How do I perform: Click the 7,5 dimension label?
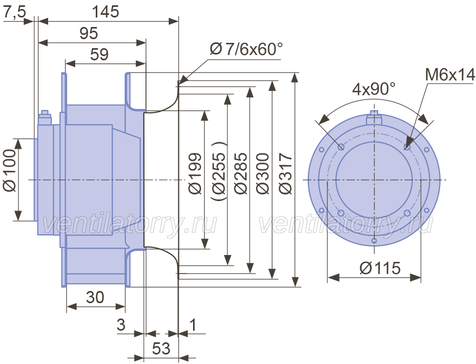point(15,13)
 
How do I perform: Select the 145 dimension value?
point(105,12)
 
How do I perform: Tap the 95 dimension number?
point(89,33)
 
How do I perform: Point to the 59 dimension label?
point(99,54)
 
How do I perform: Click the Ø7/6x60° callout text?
point(246,49)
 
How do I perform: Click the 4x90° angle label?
point(374,89)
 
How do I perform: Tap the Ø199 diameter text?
point(195,174)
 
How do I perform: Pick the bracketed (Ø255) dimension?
point(218,171)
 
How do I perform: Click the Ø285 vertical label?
point(241,174)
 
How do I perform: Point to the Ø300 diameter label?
point(263,174)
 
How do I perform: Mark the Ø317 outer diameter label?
point(286,174)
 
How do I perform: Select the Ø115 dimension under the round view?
point(380,268)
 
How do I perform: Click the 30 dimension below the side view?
point(95,297)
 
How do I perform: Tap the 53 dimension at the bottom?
point(161,349)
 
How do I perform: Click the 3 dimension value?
point(121,325)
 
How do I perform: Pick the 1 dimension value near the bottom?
point(193,325)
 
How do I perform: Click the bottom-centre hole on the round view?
point(374,241)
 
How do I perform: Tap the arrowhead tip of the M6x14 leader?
point(406,148)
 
